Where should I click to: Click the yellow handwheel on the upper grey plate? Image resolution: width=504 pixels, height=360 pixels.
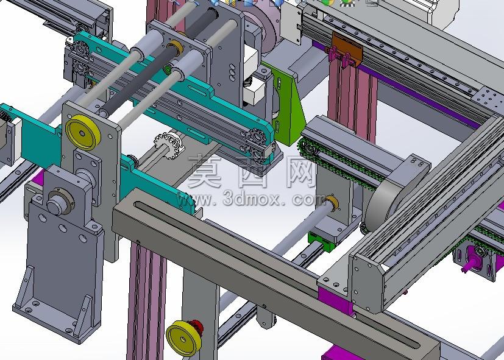tap(83, 133)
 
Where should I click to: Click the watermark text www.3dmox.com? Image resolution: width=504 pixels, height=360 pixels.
tap(251, 199)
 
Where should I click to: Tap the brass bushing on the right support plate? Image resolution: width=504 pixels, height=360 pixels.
tap(332, 202)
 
